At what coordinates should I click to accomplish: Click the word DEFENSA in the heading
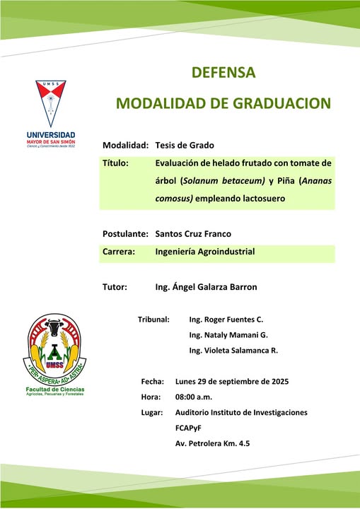point(223,73)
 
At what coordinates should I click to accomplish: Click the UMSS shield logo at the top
point(51,103)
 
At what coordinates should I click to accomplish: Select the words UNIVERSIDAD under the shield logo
point(51,135)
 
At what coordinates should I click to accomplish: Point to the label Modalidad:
point(125,145)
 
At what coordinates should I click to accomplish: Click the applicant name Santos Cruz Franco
point(193,234)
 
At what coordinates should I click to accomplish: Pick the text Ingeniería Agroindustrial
point(205,252)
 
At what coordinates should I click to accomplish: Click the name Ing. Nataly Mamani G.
point(228,335)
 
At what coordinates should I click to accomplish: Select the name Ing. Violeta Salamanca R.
point(233,351)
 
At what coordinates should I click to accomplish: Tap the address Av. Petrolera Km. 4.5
point(212,443)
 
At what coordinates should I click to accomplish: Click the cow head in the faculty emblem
point(54,329)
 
